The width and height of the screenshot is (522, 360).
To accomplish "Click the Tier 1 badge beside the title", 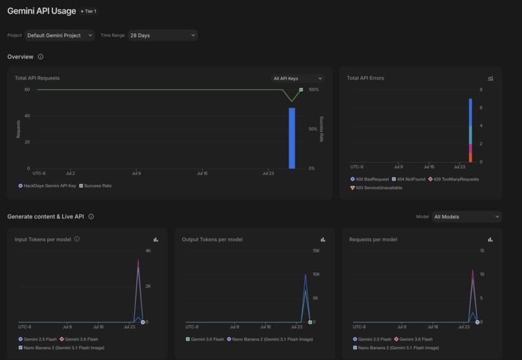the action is pos(89,11).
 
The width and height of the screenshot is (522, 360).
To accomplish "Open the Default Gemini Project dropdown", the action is pos(60,35).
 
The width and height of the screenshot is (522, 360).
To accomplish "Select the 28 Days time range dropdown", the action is pos(163,35).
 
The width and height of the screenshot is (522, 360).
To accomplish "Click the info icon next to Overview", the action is pos(41,56).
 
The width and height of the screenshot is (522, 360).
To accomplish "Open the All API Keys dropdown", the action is pos(298,78).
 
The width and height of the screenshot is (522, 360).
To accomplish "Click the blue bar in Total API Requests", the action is pos(292,138).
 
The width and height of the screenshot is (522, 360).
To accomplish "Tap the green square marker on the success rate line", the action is pos(301,90).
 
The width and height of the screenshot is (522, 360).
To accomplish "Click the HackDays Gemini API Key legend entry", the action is pos(47,186).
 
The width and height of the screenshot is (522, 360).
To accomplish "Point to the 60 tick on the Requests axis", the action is pos(27,89).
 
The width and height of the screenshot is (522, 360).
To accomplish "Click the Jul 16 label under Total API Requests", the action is pos(202,174).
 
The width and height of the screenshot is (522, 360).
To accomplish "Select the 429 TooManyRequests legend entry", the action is pos(453,179).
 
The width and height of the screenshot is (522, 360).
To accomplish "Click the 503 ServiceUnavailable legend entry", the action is pos(376,188).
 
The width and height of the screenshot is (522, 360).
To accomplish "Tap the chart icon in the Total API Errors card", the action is pos(490,78).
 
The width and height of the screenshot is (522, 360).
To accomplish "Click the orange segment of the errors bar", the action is pos(470,158).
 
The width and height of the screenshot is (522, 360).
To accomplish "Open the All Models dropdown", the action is pos(467,217).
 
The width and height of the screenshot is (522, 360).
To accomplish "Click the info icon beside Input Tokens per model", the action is pos(77,239).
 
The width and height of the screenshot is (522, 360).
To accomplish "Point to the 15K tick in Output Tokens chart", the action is pos(316,251).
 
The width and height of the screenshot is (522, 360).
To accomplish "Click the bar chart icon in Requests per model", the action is pos(490,240).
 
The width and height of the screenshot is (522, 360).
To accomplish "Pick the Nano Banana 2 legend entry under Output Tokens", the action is pos(270,339).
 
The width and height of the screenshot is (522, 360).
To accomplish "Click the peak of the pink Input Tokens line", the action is pos(138,260).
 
